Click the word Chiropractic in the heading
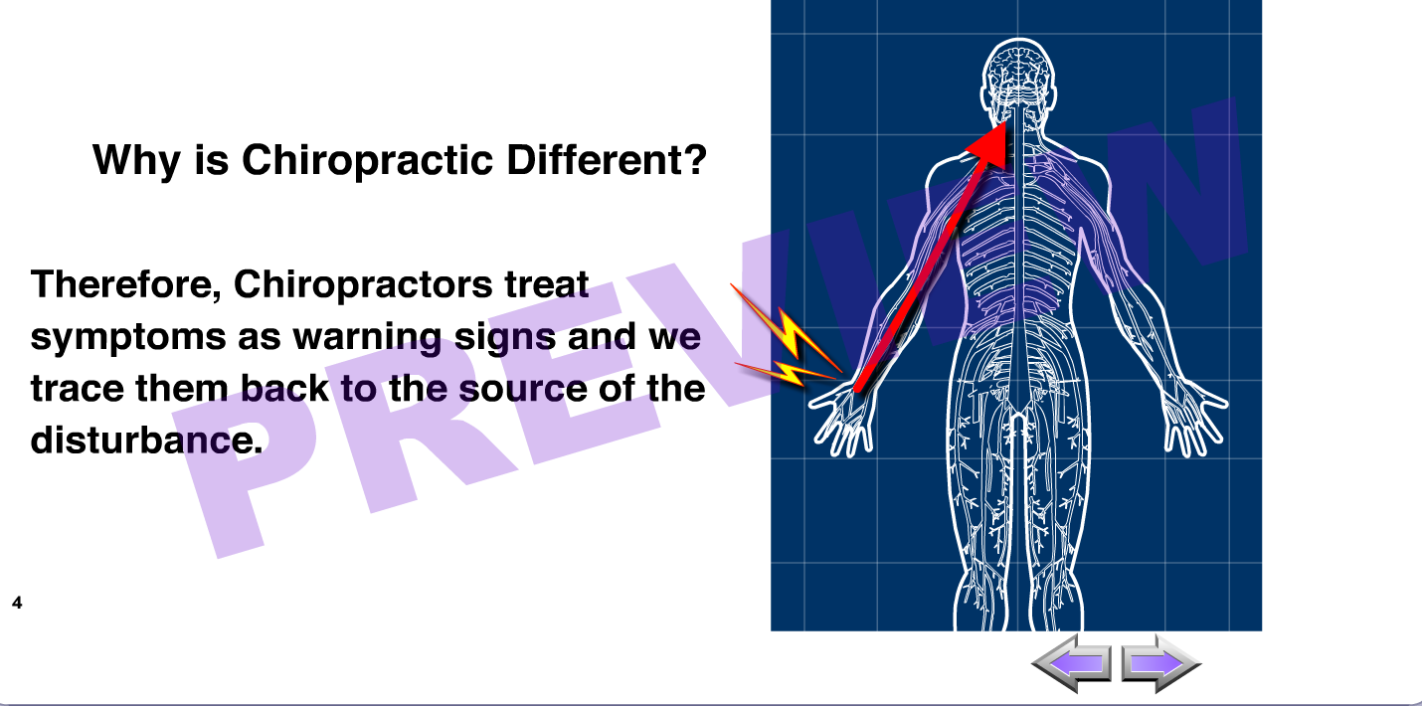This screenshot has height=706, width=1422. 368,161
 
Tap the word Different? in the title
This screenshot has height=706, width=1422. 607,159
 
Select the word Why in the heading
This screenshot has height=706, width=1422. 136,161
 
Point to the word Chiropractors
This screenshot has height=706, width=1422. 363,285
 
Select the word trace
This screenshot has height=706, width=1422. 77,389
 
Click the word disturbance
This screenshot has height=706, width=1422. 146,440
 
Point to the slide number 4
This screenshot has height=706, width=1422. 17,603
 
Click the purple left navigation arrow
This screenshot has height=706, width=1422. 1072,663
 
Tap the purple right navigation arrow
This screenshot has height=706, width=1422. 1161,663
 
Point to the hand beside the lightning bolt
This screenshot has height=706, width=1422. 842,419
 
